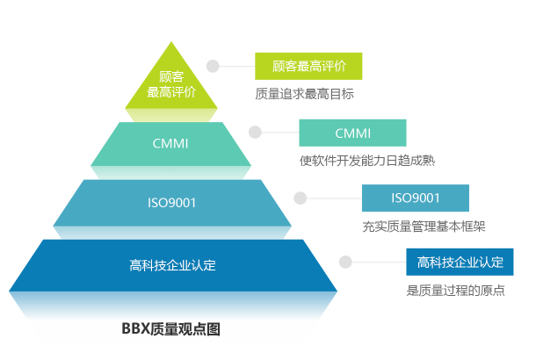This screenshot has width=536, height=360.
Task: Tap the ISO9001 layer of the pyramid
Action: pos(171,203)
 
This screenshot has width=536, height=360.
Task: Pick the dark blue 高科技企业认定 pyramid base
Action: pos(172,264)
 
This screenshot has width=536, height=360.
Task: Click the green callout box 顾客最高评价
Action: pos(308,66)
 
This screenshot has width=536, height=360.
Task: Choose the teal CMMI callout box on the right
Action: pos(353,133)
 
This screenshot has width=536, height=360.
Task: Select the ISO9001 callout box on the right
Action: pos(416,198)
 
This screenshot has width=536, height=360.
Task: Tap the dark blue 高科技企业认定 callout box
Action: pos(460,262)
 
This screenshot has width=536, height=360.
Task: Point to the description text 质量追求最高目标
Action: pos(304,93)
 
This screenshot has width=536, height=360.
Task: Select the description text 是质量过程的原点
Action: pos(455,291)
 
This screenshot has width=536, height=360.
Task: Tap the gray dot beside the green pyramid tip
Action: pos(212,66)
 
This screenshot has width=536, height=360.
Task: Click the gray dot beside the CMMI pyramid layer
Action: pos(255,133)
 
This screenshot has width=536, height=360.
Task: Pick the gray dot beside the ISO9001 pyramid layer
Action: pos(300,198)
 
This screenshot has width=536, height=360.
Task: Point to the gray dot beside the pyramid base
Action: pos(345,262)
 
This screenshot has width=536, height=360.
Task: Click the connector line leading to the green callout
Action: pos(235,66)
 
